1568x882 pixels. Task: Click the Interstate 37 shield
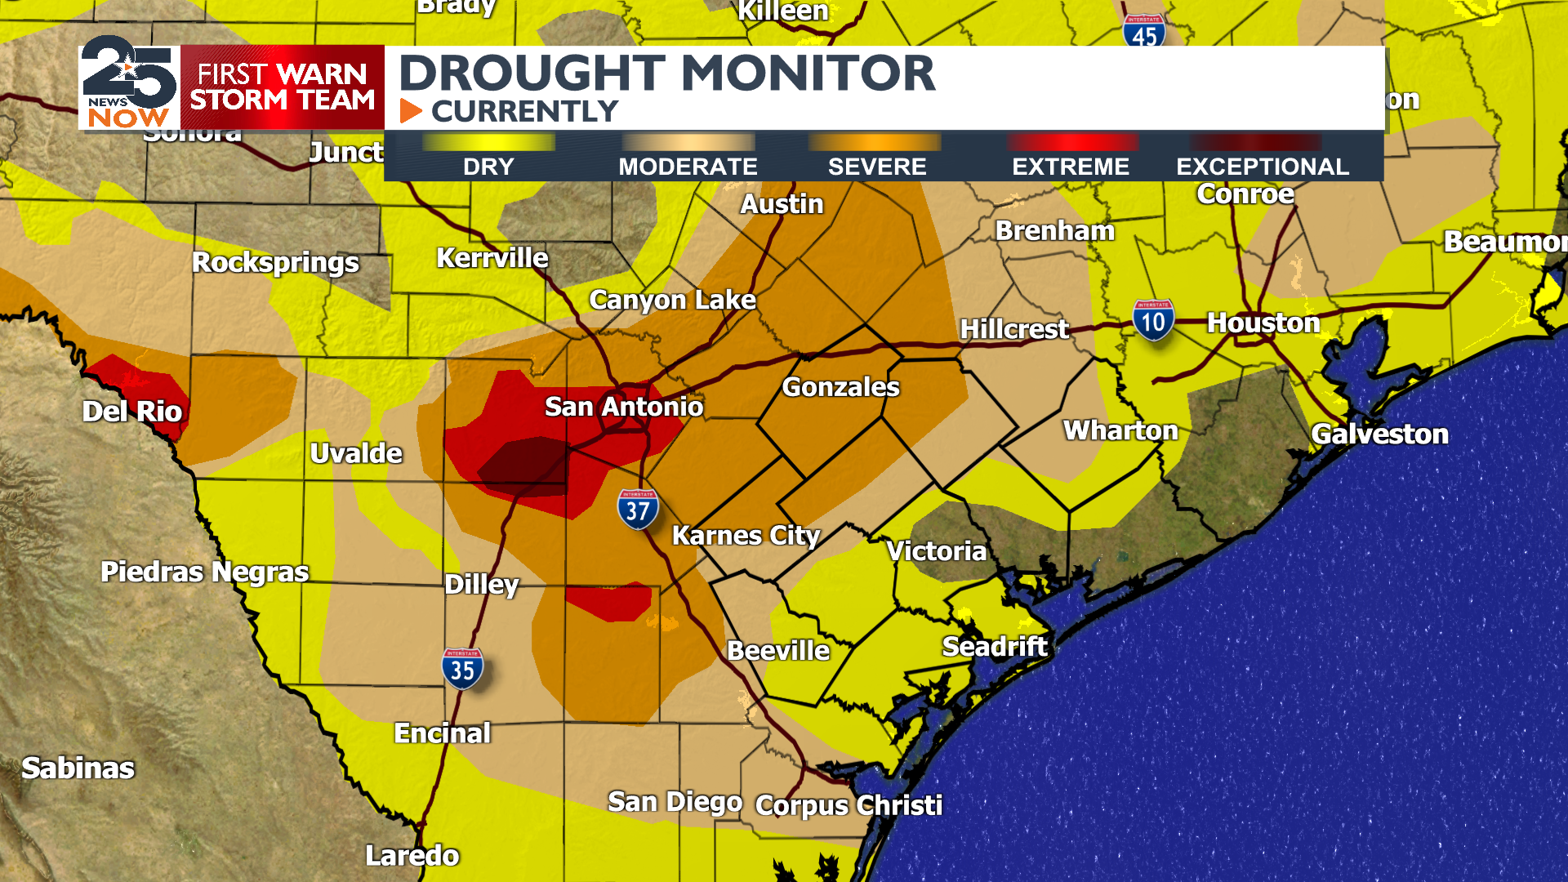pyautogui.click(x=637, y=510)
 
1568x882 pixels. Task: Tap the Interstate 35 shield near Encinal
pyautogui.click(x=462, y=669)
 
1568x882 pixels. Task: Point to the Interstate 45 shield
pyautogui.click(x=1143, y=33)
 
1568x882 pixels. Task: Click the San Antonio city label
pyautogui.click(x=623, y=407)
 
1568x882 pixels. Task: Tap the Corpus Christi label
pyautogui.click(x=849, y=805)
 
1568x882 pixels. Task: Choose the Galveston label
pyautogui.click(x=1379, y=434)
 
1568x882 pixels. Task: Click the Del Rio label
pyautogui.click(x=132, y=411)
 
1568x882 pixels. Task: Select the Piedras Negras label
pyautogui.click(x=204, y=572)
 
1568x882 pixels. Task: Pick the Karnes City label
pyautogui.click(x=746, y=536)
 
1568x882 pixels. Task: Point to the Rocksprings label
pyautogui.click(x=275, y=262)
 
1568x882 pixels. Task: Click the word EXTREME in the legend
pyautogui.click(x=1070, y=167)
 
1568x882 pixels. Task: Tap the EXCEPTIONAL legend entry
pyautogui.click(x=1262, y=167)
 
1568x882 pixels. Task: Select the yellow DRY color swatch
pyautogui.click(x=488, y=142)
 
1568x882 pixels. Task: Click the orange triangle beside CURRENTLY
pyautogui.click(x=411, y=111)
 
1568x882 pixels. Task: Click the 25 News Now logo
pyautogui.click(x=129, y=84)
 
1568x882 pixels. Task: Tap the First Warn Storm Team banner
pyautogui.click(x=282, y=87)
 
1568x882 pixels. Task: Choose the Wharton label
pyautogui.click(x=1120, y=430)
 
